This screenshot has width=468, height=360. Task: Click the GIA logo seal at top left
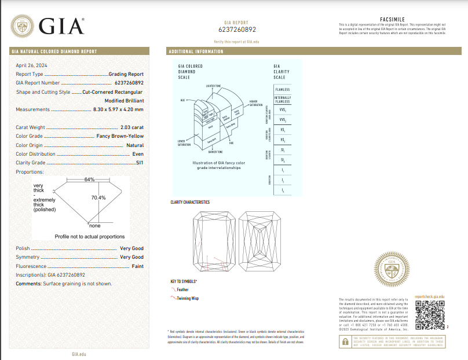click(x=23, y=26)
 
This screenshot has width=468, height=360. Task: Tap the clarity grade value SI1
click(x=139, y=163)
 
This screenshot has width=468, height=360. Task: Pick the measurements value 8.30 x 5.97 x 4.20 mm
click(x=118, y=109)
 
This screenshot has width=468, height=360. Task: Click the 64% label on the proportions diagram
click(x=89, y=179)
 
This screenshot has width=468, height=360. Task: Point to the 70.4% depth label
click(x=98, y=198)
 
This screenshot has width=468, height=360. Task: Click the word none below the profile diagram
click(x=95, y=226)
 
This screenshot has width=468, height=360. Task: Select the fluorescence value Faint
click(x=137, y=266)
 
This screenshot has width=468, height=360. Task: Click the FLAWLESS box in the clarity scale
click(x=282, y=90)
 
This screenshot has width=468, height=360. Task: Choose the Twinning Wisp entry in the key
click(x=187, y=299)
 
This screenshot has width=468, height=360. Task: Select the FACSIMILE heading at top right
click(x=392, y=19)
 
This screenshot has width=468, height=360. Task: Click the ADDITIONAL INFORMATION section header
click(x=196, y=52)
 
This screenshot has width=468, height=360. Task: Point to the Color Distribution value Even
click(x=138, y=154)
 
